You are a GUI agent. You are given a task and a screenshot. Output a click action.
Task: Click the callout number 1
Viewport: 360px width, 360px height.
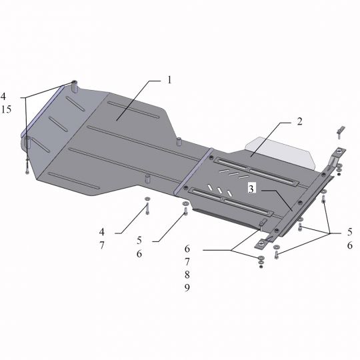(169, 80)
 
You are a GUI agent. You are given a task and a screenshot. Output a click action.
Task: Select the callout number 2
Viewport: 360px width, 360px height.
(301, 122)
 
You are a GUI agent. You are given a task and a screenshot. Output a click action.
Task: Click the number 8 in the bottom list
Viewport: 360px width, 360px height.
(187, 274)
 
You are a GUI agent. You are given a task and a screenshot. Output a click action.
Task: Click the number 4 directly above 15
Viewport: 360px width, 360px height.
(4, 95)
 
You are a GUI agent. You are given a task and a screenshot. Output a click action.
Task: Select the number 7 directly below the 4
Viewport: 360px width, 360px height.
(102, 245)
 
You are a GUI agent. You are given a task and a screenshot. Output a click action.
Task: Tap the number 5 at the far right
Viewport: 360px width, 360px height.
(349, 232)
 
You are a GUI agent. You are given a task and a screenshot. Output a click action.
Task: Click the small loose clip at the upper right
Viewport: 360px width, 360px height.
(339, 130)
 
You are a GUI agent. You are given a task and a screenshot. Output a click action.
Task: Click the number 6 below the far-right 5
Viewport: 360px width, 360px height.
(349, 245)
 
